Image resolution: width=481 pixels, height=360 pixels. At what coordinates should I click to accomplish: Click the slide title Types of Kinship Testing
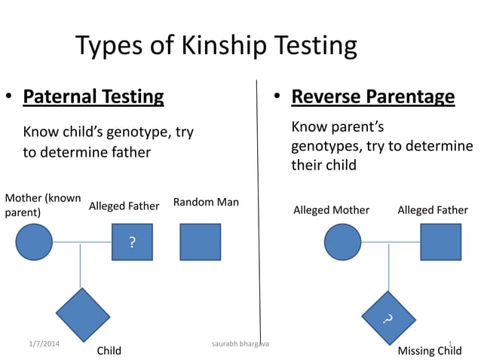(216, 46)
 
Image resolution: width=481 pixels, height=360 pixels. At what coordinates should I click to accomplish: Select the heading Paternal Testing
(93, 96)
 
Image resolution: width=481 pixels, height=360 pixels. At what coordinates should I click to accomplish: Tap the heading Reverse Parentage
(372, 96)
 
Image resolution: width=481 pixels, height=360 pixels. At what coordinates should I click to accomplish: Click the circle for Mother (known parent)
(34, 243)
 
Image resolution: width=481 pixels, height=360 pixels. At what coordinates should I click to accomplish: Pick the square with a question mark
(132, 243)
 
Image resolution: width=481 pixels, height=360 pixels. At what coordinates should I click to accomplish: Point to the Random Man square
(200, 243)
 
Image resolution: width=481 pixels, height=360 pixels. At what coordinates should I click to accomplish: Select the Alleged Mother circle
(343, 243)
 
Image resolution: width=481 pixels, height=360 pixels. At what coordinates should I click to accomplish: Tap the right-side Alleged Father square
(440, 243)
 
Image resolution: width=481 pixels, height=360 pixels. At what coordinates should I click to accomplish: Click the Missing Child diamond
(388, 317)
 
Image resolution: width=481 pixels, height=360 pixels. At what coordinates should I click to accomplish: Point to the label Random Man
(206, 202)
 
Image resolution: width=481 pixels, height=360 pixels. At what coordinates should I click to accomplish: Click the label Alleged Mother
(331, 210)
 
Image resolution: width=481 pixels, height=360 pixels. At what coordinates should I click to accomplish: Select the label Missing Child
(430, 351)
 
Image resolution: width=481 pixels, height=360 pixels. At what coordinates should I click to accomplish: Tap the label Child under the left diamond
(109, 351)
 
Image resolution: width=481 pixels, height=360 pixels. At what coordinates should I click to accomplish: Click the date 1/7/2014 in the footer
(40, 344)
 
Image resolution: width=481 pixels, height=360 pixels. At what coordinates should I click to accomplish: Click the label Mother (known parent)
(43, 205)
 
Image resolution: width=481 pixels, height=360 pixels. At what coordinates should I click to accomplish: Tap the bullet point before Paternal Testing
(9, 97)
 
